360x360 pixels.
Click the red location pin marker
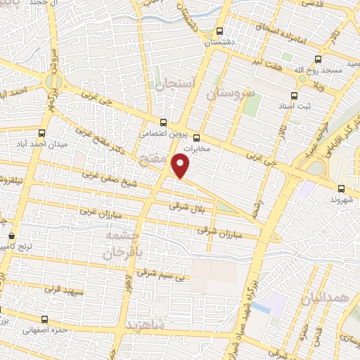(181, 166)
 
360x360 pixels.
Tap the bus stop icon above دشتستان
(220, 31)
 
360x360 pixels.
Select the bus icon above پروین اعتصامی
(164, 121)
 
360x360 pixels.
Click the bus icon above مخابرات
(197, 137)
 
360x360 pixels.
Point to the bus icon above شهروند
(341, 188)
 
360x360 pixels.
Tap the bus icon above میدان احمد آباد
(43, 131)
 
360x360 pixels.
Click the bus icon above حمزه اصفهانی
(44, 319)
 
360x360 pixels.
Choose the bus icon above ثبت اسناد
(294, 96)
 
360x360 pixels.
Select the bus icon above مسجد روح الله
(318, 60)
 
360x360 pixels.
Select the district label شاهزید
(146, 325)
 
